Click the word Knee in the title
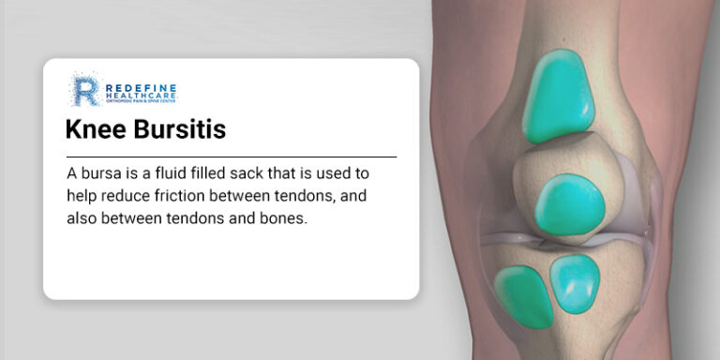point(95,129)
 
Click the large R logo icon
point(86,90)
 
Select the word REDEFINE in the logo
point(141,87)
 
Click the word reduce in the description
point(126,197)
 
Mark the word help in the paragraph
point(82,197)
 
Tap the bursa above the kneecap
point(559,96)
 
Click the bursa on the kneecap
point(569,204)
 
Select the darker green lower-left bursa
point(523,297)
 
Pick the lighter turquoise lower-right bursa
point(575,284)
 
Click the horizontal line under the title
point(232,157)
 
